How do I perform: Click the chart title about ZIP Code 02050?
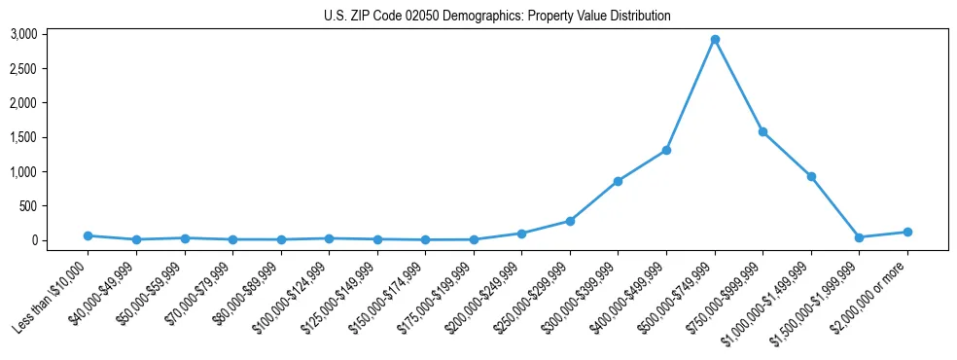[x=497, y=17]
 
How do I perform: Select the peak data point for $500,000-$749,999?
[x=715, y=40]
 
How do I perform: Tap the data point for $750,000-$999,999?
[x=762, y=131]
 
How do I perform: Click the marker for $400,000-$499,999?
[x=666, y=150]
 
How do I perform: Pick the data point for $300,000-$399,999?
[x=618, y=181]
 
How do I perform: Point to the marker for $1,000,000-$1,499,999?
[x=811, y=176]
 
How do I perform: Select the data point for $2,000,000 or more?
[x=907, y=232]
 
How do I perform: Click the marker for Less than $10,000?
[x=88, y=235]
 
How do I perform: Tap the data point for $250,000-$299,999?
[x=570, y=221]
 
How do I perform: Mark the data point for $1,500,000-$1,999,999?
[x=859, y=237]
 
